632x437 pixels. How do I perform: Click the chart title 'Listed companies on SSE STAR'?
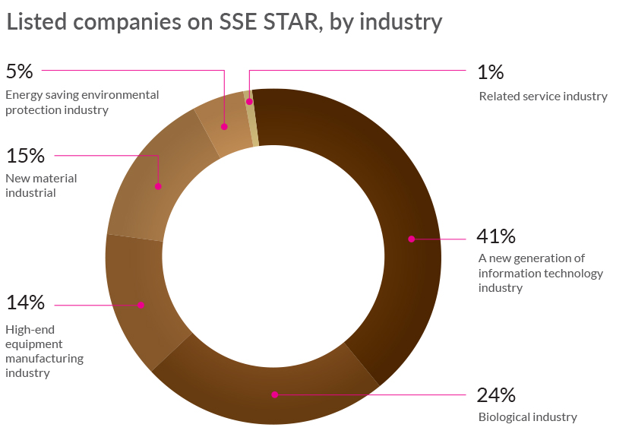click(224, 22)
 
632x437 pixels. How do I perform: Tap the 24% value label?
click(495, 395)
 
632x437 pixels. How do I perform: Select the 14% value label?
click(25, 302)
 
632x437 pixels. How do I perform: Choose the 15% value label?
click(25, 156)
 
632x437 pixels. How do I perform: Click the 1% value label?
click(491, 72)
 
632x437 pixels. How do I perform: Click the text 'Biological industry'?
click(527, 417)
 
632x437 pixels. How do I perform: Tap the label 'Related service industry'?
click(542, 97)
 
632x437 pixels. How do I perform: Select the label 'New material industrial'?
click(41, 185)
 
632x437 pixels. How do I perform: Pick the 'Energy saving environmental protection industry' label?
click(82, 103)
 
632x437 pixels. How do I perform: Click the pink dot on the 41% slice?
click(411, 239)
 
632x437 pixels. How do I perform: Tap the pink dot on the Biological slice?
click(274, 394)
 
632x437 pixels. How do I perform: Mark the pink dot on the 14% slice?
click(141, 305)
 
